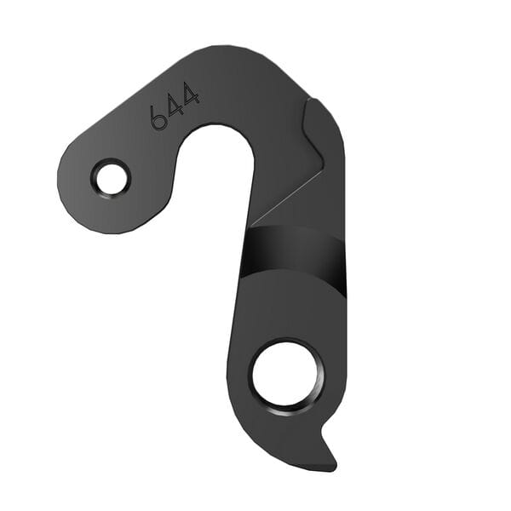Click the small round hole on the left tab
coord(111,178)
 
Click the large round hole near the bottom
coord(287,373)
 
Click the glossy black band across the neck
coord(294,251)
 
